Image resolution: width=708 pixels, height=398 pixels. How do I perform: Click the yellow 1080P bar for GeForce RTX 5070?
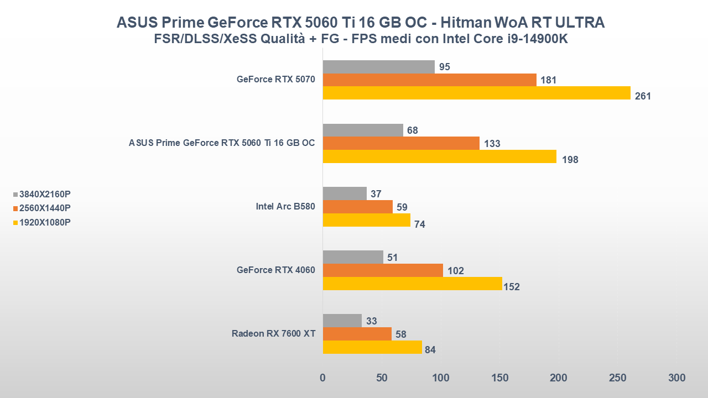(476, 93)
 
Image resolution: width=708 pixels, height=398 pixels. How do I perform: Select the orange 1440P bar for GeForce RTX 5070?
(429, 80)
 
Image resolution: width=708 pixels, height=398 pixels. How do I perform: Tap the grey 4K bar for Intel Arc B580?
(344, 193)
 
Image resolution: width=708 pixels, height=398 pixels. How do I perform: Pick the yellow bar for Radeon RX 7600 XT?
(372, 347)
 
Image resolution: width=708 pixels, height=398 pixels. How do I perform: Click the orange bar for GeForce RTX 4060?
(383, 270)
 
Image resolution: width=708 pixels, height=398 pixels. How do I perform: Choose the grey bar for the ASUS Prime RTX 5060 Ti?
(363, 130)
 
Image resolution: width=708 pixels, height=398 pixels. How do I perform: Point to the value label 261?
(643, 96)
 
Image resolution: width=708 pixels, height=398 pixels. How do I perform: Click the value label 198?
(570, 160)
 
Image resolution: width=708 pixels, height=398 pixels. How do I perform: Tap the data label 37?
(376, 194)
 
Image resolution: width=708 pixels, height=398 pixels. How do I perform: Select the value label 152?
(512, 287)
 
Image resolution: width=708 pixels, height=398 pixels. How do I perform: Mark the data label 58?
(402, 334)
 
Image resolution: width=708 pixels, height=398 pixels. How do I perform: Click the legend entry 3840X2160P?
(45, 195)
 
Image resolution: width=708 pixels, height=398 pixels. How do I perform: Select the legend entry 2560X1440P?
(45, 208)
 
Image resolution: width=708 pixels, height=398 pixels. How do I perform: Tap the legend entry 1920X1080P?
(45, 222)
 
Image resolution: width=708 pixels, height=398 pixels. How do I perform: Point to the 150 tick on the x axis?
(500, 378)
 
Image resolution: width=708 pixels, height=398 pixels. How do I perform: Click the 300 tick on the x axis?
(676, 378)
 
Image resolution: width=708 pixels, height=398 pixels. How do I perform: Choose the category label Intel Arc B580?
(285, 207)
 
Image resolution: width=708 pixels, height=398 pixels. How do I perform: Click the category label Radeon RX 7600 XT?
(273, 333)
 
